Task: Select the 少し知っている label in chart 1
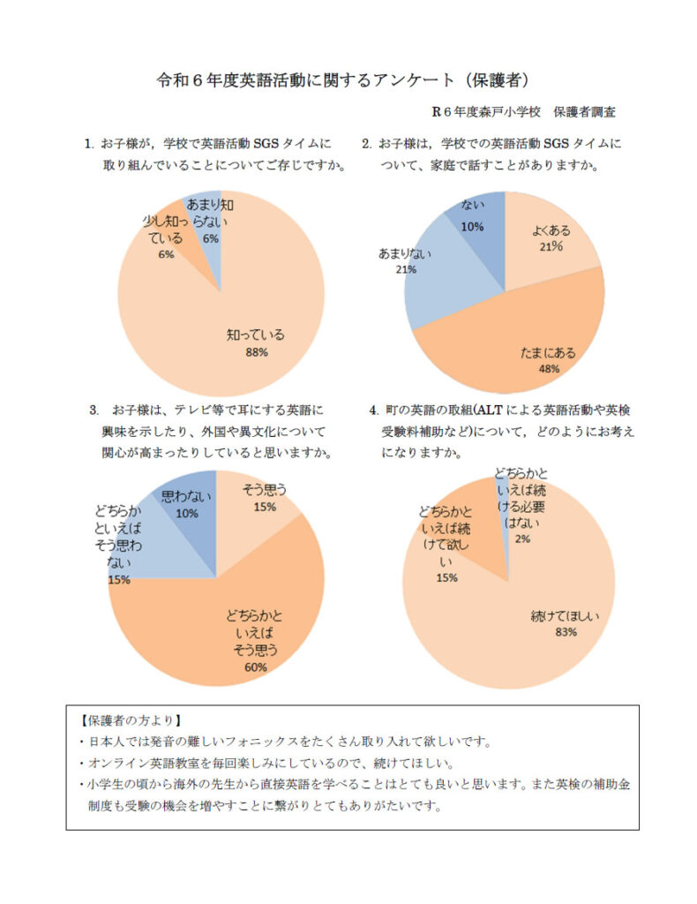[x=166, y=231]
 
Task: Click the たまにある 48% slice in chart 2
[x=512, y=344]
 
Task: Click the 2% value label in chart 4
[x=522, y=539]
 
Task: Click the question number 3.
[x=94, y=411]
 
